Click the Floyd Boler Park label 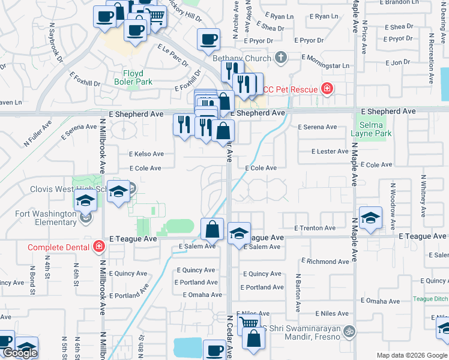click(133, 77)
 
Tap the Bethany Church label click(238, 58)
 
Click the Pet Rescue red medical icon click(327, 89)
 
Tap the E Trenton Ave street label click(315, 228)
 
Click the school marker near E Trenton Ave click(370, 218)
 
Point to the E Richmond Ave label click(325, 262)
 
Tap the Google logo click(20, 353)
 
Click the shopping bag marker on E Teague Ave click(212, 229)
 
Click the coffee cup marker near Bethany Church click(208, 40)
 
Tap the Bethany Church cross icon click(279, 58)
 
